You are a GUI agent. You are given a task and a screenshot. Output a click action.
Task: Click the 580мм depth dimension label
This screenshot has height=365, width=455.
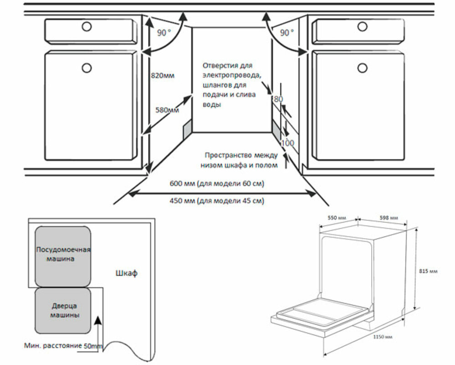click(167, 110)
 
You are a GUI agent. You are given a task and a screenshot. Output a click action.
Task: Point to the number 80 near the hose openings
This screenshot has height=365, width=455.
click(278, 99)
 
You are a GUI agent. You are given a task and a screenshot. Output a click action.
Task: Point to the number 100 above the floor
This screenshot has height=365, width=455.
click(287, 143)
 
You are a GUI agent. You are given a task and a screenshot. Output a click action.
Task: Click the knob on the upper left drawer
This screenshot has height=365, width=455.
click(86, 27)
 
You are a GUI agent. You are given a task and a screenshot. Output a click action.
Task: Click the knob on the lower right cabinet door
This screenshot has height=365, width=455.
click(363, 68)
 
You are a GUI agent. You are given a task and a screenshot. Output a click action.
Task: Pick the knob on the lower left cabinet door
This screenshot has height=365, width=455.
click(86, 68)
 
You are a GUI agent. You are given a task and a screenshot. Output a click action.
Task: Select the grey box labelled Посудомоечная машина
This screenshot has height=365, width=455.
click(63, 255)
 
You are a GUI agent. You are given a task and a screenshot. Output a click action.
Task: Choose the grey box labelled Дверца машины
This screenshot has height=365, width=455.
click(63, 311)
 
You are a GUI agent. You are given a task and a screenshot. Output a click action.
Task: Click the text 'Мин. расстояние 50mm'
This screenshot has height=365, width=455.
click(63, 346)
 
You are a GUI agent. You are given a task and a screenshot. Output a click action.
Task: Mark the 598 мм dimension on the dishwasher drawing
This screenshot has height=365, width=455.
click(389, 218)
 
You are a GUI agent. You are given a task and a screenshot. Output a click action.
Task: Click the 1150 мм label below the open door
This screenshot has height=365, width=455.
click(382, 337)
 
